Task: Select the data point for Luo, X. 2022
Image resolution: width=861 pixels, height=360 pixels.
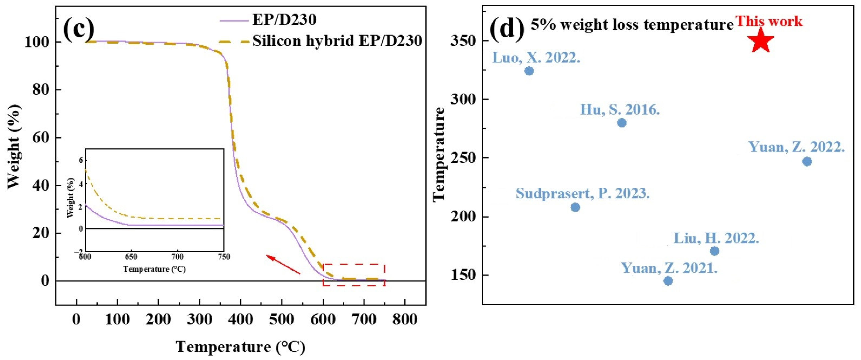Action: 529,71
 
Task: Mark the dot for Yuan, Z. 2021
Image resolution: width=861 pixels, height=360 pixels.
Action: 668,281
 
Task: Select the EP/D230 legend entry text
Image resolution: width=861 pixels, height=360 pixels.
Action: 284,20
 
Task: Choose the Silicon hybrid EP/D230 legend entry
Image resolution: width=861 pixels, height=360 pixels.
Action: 337,41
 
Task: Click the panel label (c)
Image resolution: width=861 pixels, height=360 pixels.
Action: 79,29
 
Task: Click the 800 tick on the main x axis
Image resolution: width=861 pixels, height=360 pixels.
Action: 405,320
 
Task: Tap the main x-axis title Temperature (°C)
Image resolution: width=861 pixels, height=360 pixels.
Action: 240,347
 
